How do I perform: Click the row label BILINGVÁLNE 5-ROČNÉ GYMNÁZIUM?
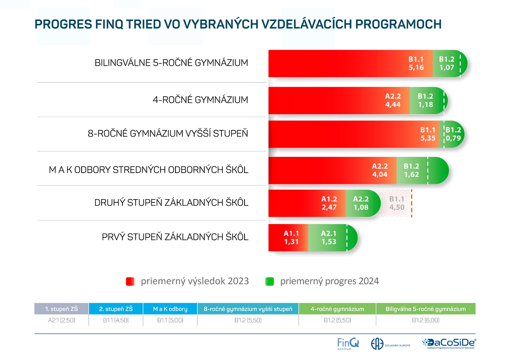171,63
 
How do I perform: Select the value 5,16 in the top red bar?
416,68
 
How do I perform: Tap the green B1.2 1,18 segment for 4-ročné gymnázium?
425,100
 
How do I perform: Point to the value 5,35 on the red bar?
428,138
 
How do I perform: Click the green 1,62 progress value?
411,174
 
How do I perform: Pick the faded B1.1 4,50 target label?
397,203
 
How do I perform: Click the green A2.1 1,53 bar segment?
328,238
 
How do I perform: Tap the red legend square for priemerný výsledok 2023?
130,281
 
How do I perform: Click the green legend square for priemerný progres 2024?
270,281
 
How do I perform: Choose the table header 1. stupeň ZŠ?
61,309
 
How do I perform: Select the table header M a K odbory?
170,309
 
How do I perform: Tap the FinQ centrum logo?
347,344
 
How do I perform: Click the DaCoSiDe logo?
449,343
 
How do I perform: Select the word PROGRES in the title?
63,24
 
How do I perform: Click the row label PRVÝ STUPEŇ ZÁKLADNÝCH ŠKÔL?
175,237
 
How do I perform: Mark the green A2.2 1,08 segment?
361,203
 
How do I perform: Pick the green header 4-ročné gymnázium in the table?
337,309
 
